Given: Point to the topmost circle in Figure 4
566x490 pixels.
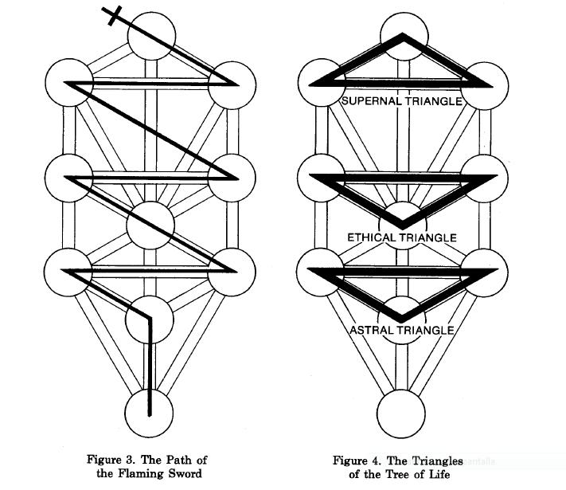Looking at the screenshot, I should [x=401, y=37].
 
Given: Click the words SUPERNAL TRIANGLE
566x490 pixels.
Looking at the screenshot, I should [x=401, y=101].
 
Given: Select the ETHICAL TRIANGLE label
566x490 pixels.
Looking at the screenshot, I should [x=401, y=237].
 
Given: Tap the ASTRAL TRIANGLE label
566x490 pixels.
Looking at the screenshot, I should [x=401, y=330].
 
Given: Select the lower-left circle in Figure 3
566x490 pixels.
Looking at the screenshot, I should [x=67, y=271].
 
